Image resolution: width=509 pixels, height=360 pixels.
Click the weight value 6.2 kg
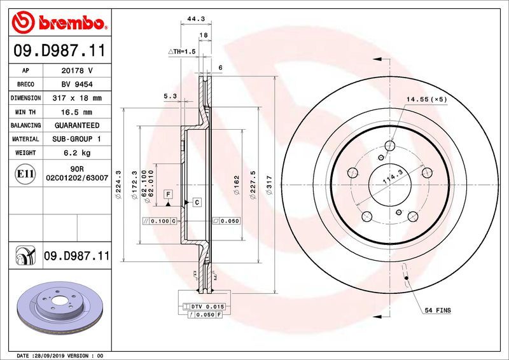(x=76, y=153)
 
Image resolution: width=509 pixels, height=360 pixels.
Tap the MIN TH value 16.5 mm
(x=76, y=112)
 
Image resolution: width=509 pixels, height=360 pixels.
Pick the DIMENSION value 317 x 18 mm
(x=76, y=98)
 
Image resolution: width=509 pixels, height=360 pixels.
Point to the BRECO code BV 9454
(x=76, y=85)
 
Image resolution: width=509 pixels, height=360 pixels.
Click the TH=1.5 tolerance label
(x=182, y=51)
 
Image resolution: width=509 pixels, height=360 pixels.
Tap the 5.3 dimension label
(x=170, y=97)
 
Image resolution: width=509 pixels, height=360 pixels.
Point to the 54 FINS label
(x=438, y=310)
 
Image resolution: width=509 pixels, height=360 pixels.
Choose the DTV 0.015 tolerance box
(x=202, y=307)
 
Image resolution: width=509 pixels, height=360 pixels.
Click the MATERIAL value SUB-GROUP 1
(x=76, y=139)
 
